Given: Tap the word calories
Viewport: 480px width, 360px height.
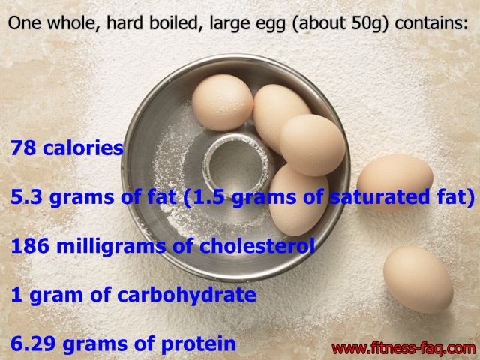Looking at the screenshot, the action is click(83, 148).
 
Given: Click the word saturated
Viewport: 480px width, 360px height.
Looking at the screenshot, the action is click(379, 197).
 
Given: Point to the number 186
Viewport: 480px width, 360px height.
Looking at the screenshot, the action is click(30, 246).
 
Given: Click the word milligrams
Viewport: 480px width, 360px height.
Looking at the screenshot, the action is click(111, 247).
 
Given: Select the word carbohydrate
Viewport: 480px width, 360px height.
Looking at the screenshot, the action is click(187, 295).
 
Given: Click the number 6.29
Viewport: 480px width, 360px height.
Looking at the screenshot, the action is click(33, 343).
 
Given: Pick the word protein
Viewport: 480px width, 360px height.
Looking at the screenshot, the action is click(198, 344).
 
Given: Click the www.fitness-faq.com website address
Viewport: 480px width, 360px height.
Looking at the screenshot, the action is click(403, 349).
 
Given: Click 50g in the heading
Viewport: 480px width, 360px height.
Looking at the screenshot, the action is click(370, 23).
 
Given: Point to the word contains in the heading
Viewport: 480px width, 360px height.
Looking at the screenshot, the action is click(431, 23).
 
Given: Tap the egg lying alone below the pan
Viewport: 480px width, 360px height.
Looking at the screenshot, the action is click(418, 280).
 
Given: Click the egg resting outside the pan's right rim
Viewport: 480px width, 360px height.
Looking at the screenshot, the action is click(395, 182).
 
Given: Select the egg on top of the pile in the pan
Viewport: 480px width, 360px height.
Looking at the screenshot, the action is click(312, 145).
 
